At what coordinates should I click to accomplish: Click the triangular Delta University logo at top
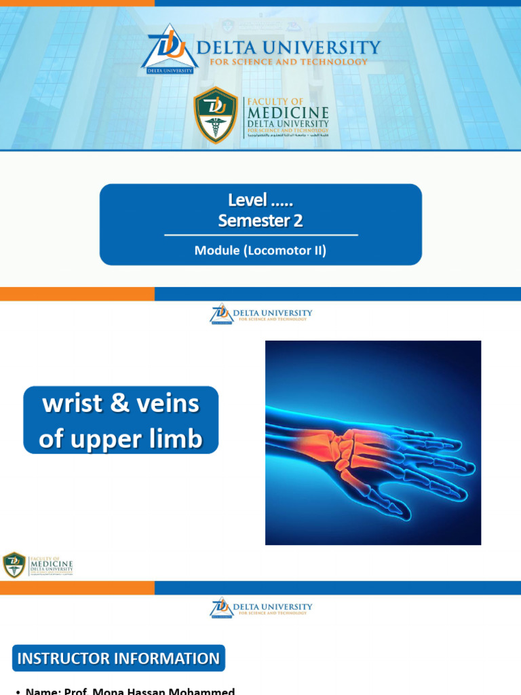tap(170, 49)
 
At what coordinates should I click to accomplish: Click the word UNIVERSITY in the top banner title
tap(328, 48)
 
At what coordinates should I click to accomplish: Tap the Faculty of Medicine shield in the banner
tap(216, 115)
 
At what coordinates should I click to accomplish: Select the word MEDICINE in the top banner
tap(288, 113)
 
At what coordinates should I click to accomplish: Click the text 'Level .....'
tap(260, 201)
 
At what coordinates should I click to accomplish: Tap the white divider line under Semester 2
tap(260, 235)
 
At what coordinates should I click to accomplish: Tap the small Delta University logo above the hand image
tap(222, 314)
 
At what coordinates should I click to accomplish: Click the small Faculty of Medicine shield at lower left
tap(14, 565)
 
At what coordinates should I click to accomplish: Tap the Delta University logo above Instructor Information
tap(222, 607)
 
